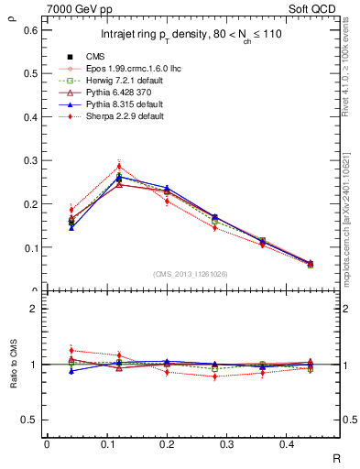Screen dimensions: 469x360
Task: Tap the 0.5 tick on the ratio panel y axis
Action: (x=32, y=420)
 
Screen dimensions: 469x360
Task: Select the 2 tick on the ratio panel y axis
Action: (x=34, y=309)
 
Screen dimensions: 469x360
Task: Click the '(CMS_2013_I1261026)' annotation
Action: (x=191, y=274)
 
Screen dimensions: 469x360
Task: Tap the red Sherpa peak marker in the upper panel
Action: (x=119, y=167)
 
